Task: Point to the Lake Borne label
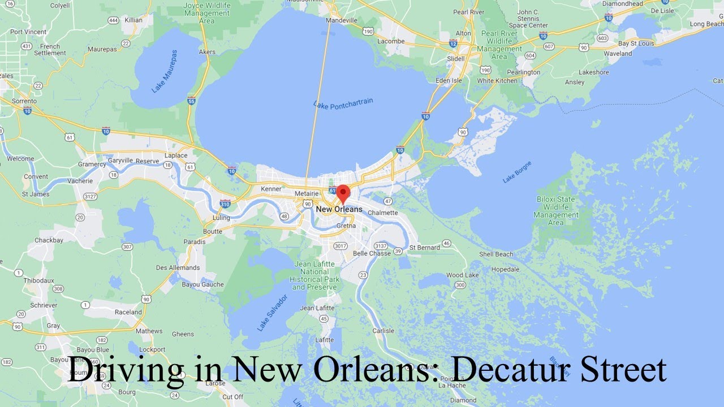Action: [x=517, y=174]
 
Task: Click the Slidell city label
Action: [x=455, y=59]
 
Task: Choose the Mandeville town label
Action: [x=342, y=20]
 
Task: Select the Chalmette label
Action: [x=382, y=213]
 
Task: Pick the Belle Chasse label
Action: [x=372, y=253]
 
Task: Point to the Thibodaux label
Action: [x=39, y=280]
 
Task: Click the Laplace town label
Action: [x=176, y=155]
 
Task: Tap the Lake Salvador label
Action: [x=272, y=313]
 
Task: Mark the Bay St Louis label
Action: [x=636, y=44]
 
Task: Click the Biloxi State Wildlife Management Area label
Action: [x=555, y=211]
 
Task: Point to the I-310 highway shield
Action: [x=225, y=203]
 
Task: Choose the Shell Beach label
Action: [x=496, y=254]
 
